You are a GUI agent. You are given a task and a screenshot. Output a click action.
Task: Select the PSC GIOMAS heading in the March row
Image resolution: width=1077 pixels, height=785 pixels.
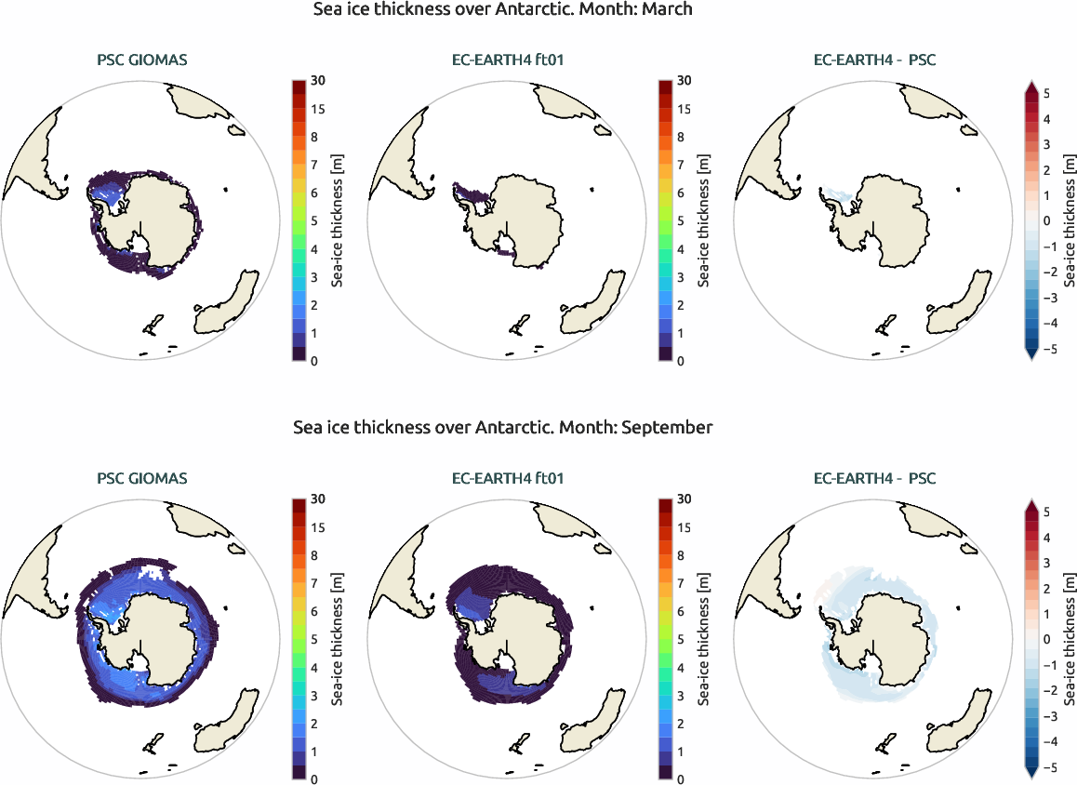(141, 61)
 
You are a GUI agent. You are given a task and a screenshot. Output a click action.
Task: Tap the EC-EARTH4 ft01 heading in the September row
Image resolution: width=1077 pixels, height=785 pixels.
(508, 479)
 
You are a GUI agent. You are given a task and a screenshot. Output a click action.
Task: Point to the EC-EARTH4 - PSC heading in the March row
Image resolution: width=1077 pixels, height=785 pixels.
(874, 61)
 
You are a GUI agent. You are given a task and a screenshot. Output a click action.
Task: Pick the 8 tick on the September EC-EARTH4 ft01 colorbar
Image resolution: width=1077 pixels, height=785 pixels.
(684, 555)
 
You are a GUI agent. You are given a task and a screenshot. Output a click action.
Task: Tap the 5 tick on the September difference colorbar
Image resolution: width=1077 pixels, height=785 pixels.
(1047, 512)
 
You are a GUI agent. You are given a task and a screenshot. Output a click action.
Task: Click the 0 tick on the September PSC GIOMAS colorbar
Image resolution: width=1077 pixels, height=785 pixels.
(315, 779)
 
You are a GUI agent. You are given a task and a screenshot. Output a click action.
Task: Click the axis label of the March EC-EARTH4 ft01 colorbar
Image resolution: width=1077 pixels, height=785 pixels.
(704, 221)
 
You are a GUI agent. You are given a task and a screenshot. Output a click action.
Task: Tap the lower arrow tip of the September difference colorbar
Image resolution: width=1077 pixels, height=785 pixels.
(1031, 775)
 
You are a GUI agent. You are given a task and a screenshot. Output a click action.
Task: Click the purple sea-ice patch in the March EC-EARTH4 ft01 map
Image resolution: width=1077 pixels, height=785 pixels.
(470, 194)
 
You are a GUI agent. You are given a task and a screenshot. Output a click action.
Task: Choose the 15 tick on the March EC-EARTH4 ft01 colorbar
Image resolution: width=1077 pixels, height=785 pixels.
(684, 109)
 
